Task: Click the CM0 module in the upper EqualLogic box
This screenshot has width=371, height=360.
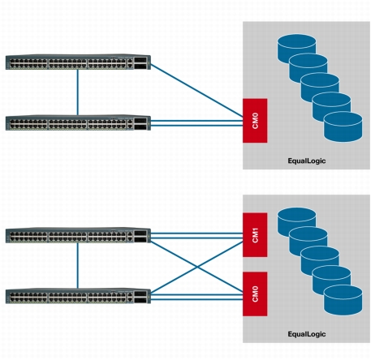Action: point(255,121)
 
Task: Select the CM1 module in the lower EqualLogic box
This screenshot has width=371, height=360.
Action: point(255,235)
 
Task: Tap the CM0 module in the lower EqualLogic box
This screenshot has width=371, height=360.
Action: point(255,294)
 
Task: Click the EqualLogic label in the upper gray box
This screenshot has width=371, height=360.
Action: point(307,161)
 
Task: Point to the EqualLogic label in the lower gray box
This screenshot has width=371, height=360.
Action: point(307,334)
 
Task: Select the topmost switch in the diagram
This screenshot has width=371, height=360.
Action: point(78,62)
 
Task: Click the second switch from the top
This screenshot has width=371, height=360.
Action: point(78,122)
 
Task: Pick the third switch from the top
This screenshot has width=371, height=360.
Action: point(78,235)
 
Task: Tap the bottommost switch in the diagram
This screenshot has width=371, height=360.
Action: point(78,296)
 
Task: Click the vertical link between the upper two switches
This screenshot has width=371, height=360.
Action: point(78,92)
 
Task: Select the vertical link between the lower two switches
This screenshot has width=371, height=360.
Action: point(78,266)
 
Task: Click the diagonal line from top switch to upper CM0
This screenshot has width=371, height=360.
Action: point(196,91)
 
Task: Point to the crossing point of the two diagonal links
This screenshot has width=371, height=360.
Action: point(197,267)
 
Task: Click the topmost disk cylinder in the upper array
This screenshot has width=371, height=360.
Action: point(297,49)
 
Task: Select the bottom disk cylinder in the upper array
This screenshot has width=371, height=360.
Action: point(343,126)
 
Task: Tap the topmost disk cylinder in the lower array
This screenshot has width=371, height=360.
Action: point(297,222)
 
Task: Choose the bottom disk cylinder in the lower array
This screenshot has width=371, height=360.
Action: point(343,300)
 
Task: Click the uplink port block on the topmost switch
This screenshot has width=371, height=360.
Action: point(140,63)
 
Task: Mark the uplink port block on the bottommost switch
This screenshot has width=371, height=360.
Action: point(140,297)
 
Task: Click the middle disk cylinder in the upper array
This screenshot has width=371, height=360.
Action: point(320,88)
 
